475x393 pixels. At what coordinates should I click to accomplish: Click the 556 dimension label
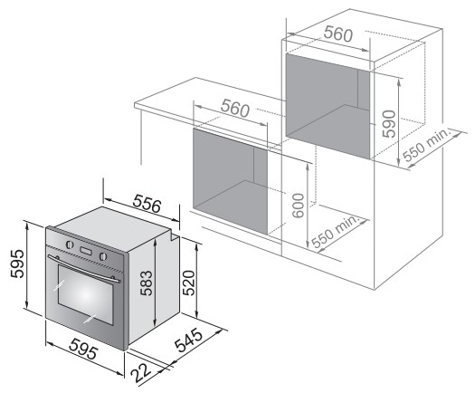[x=147, y=204]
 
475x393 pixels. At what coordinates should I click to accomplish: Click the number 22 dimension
[x=141, y=373]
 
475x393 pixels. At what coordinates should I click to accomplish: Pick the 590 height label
[x=389, y=124]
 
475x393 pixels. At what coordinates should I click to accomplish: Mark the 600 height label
[x=299, y=206]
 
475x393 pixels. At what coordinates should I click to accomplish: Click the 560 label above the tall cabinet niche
[x=338, y=34]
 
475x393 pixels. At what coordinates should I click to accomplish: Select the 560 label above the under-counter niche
[x=235, y=109]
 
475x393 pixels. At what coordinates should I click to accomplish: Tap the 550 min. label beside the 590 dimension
[x=426, y=145]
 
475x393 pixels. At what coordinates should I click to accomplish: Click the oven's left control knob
[x=70, y=244]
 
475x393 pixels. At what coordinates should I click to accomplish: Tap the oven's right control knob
[x=103, y=256]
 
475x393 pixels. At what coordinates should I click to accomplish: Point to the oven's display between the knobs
[x=86, y=251]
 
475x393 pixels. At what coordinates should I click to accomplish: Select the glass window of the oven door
[x=85, y=294]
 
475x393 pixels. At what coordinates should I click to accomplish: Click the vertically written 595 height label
[x=16, y=264]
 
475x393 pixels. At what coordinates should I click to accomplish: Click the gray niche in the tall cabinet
[x=328, y=106]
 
